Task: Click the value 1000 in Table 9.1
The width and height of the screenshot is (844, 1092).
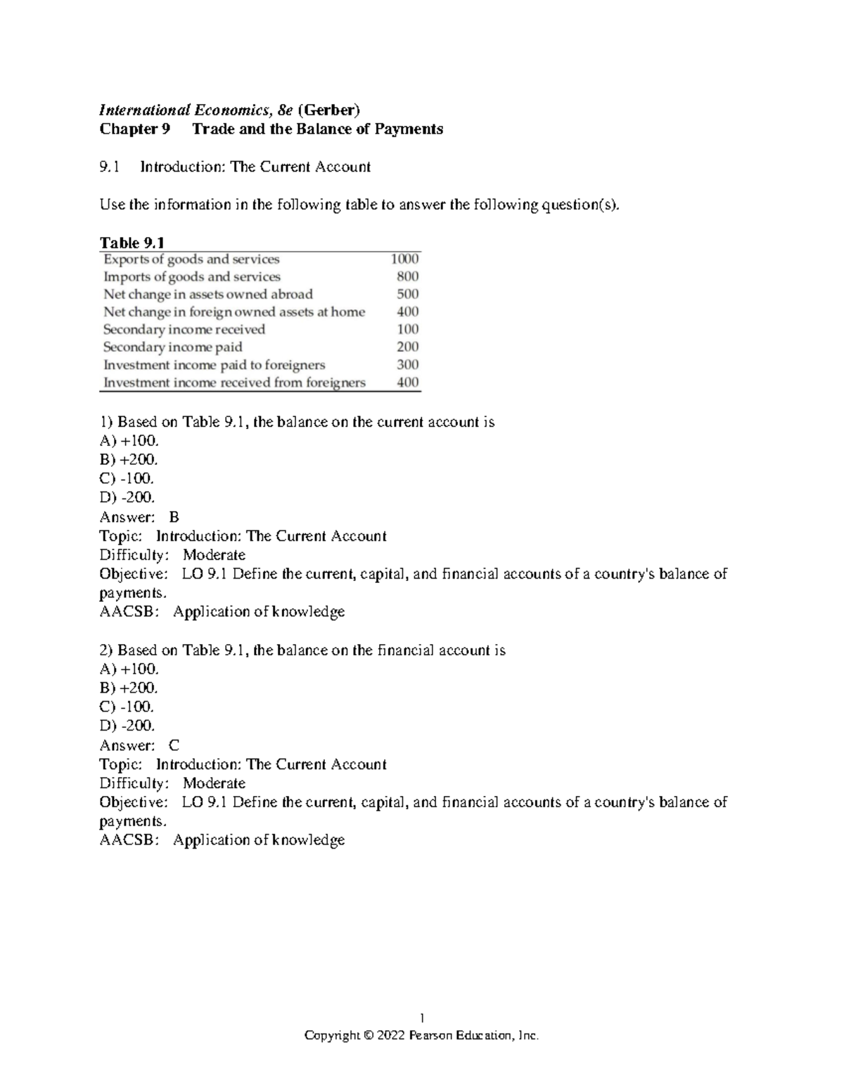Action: (404, 259)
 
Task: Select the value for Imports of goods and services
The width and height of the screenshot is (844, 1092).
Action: (407, 277)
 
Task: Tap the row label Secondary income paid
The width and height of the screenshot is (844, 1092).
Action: (172, 347)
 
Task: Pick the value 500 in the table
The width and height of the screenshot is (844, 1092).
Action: (407, 295)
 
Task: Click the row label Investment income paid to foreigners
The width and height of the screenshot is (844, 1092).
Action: (214, 365)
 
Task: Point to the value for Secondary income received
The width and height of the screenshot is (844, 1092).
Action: (407, 330)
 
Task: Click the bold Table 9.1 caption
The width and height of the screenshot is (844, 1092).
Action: (132, 243)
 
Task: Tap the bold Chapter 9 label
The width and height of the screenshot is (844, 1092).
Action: (135, 129)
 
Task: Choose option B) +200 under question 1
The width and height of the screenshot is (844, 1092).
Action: (129, 460)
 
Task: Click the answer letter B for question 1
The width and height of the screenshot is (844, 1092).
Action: (174, 517)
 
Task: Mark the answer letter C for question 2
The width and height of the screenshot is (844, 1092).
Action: (174, 745)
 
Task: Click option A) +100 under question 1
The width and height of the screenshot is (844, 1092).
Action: (129, 441)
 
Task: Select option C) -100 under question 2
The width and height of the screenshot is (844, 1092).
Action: (127, 707)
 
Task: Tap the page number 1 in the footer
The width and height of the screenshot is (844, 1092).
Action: (421, 1017)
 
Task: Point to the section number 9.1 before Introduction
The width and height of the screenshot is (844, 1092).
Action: (110, 167)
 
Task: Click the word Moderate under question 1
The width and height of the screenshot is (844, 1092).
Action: (214, 555)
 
